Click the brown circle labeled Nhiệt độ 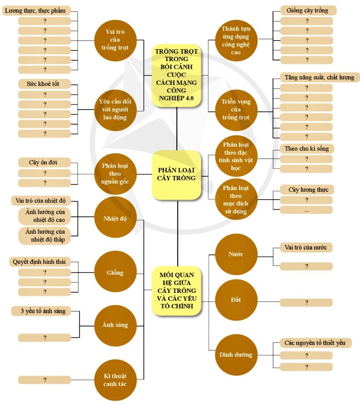point(115,218)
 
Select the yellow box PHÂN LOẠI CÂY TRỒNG point(176,174)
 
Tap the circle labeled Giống point(115,272)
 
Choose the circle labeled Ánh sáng point(115,325)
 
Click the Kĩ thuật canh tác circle point(115,380)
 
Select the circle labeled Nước point(236,254)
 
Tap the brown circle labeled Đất point(236,299)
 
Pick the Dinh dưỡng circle point(236,354)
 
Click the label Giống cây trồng point(307,11)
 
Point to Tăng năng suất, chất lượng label point(319,78)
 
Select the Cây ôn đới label point(44,163)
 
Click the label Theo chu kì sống point(306,149)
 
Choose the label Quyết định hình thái point(39,262)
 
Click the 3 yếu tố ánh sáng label point(40,311)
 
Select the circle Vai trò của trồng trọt point(115,40)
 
